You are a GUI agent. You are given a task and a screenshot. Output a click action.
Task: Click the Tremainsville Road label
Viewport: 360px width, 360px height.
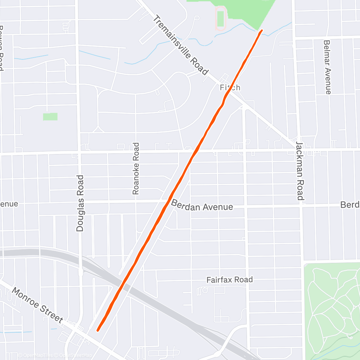pos(180,45)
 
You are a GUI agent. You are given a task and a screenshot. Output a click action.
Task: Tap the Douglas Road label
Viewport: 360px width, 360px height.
pos(80,203)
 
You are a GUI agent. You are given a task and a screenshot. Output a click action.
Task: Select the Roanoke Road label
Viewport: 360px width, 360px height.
pos(135,169)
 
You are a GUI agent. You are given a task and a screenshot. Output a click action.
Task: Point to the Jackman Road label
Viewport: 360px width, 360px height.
pos(300,171)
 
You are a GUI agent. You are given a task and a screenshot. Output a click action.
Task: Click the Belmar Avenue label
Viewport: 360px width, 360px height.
pos(327,67)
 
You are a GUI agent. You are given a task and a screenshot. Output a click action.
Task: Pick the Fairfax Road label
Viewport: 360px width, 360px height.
pos(229,279)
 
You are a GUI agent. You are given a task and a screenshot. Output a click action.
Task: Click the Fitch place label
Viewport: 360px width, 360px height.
pos(230,87)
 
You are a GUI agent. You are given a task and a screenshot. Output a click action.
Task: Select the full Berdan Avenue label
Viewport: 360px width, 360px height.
pos(202,206)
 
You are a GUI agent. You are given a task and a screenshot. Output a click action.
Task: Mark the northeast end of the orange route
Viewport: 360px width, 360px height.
pos(262,31)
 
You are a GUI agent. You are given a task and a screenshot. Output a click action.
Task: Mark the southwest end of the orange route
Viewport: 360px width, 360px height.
pos(98,329)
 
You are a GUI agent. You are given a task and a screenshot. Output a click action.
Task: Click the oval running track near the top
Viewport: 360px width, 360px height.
pos(221,18)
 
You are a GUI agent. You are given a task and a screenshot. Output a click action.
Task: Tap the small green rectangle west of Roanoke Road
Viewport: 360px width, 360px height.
pos(50,117)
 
